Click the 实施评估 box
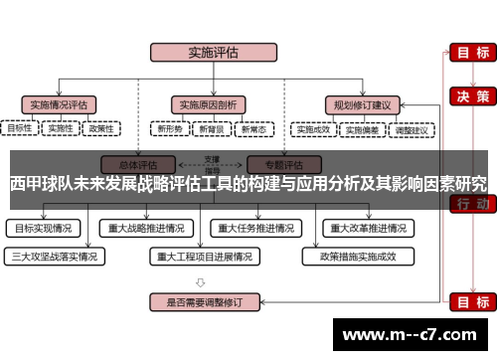click(x=206, y=53)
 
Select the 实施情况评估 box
click(x=59, y=103)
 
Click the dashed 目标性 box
click(x=19, y=128)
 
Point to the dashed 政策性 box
click(x=101, y=128)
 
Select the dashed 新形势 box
click(x=169, y=129)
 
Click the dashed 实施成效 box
click(x=313, y=129)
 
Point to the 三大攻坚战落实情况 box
click(x=55, y=256)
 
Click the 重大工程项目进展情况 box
click(x=205, y=256)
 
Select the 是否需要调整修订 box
click(x=205, y=299)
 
